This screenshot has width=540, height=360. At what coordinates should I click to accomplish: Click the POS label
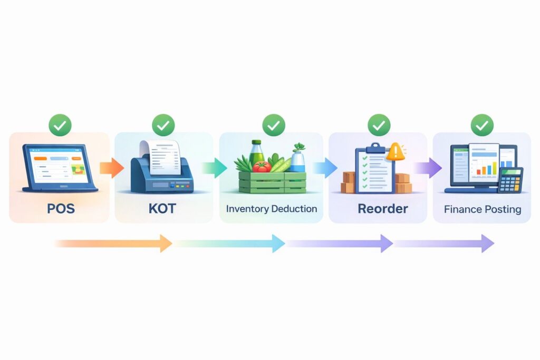[x=61, y=209]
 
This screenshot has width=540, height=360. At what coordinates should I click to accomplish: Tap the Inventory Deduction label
[x=272, y=209]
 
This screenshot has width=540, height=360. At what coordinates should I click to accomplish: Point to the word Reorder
[x=382, y=209]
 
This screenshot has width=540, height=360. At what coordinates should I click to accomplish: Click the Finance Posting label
[x=483, y=209]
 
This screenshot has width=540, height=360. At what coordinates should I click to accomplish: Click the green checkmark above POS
[x=61, y=125]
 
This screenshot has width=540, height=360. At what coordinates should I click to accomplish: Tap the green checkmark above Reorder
[x=379, y=125]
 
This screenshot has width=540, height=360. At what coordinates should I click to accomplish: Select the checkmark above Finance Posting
[x=482, y=125]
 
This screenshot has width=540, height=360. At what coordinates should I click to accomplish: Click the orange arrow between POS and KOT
[x=111, y=168]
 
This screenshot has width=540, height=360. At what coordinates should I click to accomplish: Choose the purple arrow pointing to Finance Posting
[x=428, y=168]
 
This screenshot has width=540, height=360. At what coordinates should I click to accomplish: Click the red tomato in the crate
[x=261, y=167]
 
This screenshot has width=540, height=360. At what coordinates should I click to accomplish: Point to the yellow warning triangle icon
[x=395, y=152]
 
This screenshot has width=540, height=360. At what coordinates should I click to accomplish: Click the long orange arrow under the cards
[x=113, y=244]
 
